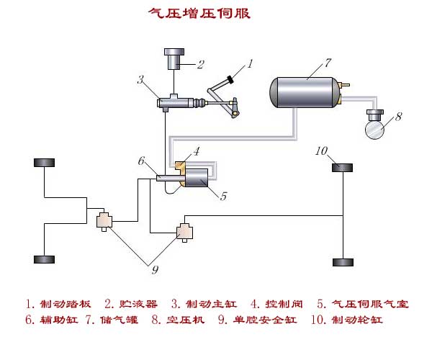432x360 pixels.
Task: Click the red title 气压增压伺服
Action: tap(199, 13)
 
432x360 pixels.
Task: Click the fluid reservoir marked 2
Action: tap(174, 59)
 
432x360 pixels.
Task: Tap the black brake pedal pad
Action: tap(230, 80)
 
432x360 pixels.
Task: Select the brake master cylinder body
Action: tap(175, 102)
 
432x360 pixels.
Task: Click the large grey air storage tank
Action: tap(305, 92)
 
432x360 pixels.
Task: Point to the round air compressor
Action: tap(374, 129)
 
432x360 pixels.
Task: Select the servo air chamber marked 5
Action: tap(197, 178)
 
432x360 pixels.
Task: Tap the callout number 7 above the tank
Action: tap(328, 63)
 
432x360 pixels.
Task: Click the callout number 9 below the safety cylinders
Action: tap(155, 270)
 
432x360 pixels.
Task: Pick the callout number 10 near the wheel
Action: tap(321, 150)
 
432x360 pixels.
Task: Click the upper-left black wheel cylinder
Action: tap(44, 163)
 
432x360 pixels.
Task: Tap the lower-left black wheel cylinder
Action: tap(44, 259)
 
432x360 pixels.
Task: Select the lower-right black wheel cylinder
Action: tap(343, 262)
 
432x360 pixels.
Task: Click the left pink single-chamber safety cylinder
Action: tap(104, 220)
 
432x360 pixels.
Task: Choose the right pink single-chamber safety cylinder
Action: tap(184, 232)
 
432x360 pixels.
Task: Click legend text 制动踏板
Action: tap(66, 304)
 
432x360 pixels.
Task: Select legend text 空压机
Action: tap(186, 320)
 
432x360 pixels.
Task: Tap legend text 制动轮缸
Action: tap(357, 320)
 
